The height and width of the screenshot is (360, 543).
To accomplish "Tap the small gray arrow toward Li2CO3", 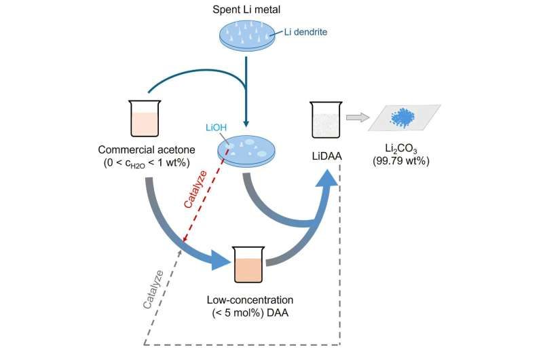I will pyautogui.click(x=356, y=118).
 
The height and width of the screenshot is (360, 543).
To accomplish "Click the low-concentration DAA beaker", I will pyautogui.click(x=248, y=265).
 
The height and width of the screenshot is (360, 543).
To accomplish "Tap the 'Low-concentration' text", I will pyautogui.click(x=249, y=299).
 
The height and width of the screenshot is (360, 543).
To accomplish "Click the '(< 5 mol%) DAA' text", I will pyautogui.click(x=249, y=312).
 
